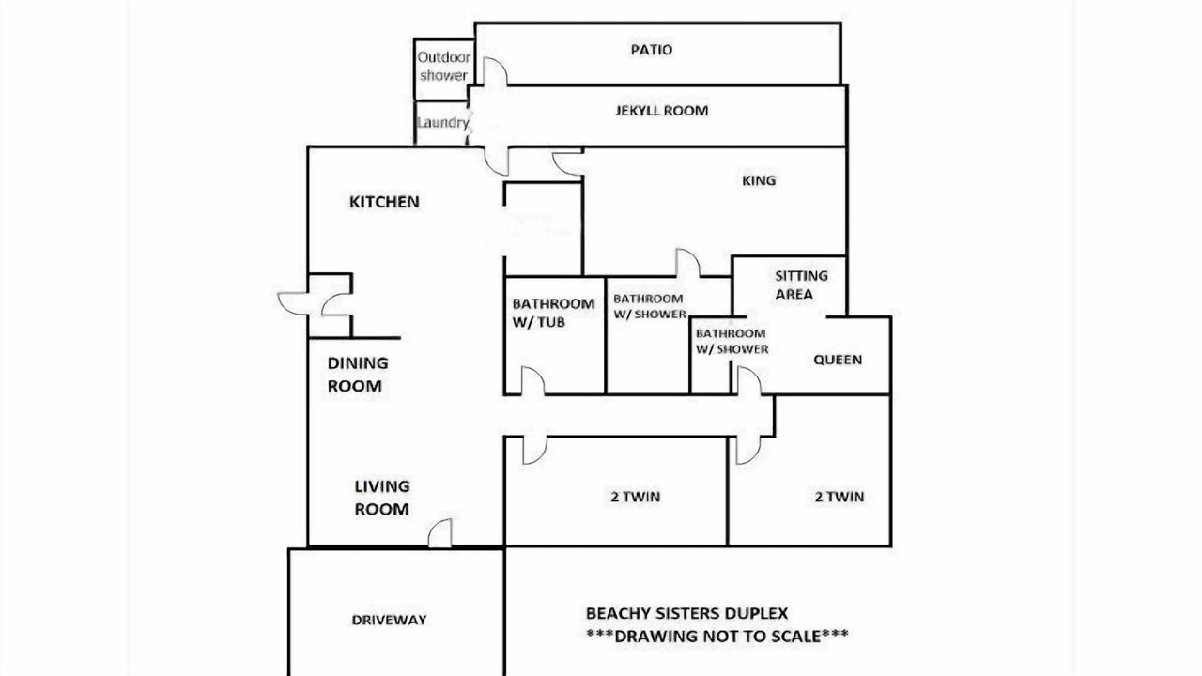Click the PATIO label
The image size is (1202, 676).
pos(652,50)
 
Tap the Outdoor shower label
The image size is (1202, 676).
pos(444,67)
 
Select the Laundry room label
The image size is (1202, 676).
pos(442,123)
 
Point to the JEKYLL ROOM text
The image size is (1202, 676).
pos(661,111)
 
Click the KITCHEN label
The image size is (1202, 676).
pos(384,202)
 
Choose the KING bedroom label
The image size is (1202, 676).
pos(759,180)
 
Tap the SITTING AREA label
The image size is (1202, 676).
pos(801,284)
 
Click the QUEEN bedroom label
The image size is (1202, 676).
pos(838,360)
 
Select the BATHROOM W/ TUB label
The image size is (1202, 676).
pos(553,313)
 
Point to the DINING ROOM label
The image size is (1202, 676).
pos(358,375)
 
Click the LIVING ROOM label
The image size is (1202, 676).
pos(381,498)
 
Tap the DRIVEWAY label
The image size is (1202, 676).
pos(389,620)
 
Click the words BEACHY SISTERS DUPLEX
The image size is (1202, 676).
pos(686,613)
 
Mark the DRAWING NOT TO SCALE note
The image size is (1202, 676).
pos(717,637)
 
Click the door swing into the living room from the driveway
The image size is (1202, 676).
pos(440,533)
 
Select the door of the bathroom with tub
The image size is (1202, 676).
pos(532,381)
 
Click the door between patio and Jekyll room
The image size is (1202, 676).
pos(495,71)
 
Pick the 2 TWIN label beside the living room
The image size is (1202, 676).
pos(636,497)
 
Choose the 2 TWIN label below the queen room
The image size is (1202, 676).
pos(840,497)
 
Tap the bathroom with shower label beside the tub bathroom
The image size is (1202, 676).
pos(649,306)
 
